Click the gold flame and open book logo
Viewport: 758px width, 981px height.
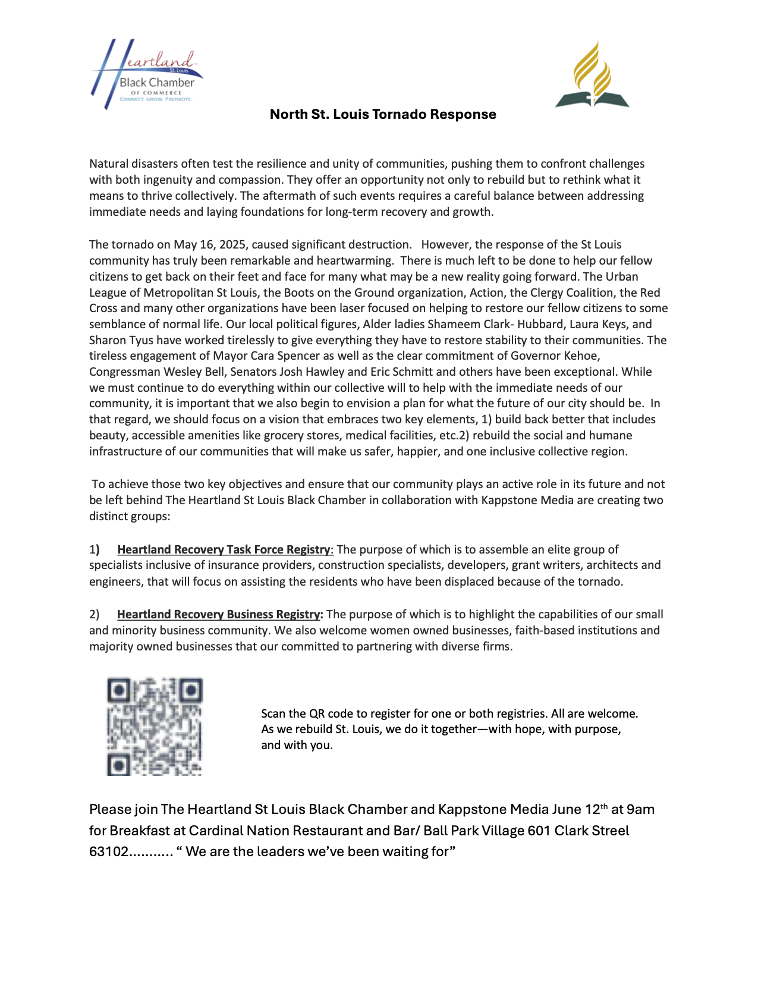coord(592,75)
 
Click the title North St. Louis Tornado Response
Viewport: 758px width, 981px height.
coord(382,114)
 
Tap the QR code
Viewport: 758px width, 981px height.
coord(155,726)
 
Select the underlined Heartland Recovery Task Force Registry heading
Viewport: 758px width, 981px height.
coord(224,549)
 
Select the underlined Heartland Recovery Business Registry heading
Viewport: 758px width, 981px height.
coord(218,614)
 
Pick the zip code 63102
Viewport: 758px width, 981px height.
coord(108,851)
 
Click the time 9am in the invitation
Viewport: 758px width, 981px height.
coord(641,809)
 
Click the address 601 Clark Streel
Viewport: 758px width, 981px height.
coord(578,831)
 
